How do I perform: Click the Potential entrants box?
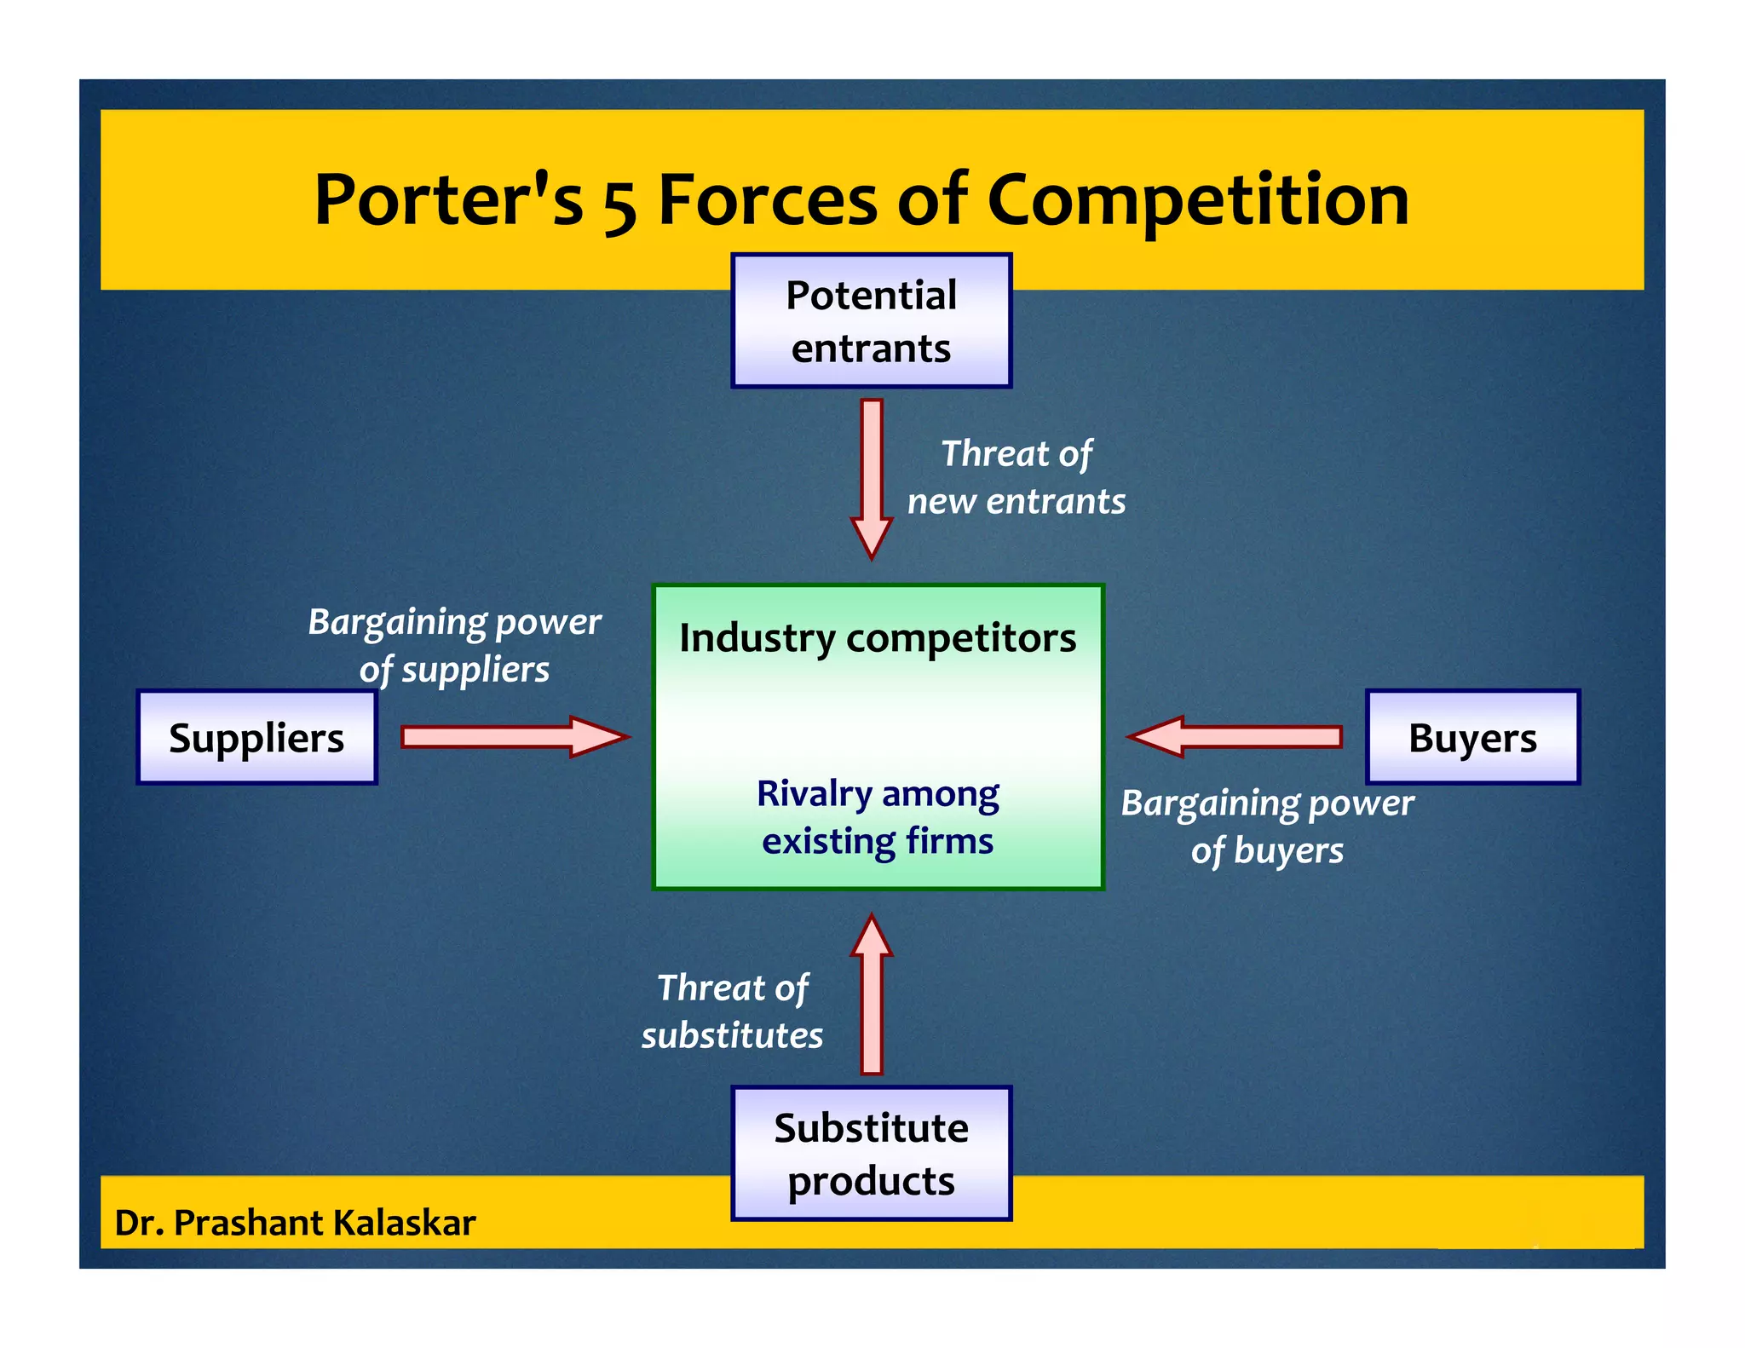tap(871, 320)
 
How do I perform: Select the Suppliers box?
tap(256, 737)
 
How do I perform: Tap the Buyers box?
tap(1472, 737)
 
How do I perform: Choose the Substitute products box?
tap(871, 1153)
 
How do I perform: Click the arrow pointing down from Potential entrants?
tap(872, 477)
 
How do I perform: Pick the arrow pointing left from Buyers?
tap(1235, 736)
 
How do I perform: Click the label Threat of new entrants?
tap(1016, 477)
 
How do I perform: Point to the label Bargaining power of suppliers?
tap(454, 645)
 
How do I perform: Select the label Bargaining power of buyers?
tap(1267, 826)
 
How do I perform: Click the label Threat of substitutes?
tap(733, 1011)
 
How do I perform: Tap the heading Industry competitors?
tap(878, 638)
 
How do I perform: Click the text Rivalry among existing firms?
tap(878, 816)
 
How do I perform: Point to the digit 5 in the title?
tap(620, 205)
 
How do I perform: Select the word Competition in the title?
tap(1197, 201)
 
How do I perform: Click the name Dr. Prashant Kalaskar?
tap(295, 1222)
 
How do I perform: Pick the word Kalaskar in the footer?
tap(404, 1222)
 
